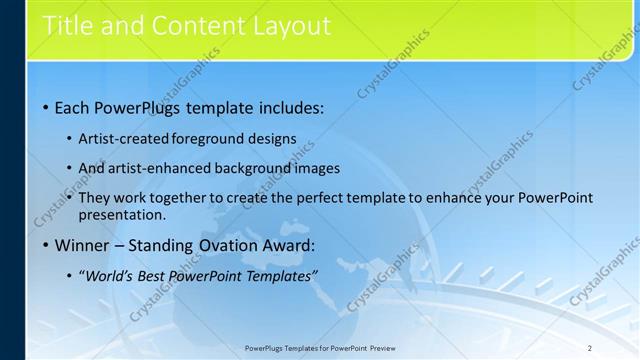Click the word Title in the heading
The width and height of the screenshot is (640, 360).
(x=69, y=25)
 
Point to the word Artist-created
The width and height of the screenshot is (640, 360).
(x=123, y=139)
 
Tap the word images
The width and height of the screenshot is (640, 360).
(x=317, y=168)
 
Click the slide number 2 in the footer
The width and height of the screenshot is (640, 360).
(x=590, y=347)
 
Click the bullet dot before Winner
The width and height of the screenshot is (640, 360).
(x=46, y=245)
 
